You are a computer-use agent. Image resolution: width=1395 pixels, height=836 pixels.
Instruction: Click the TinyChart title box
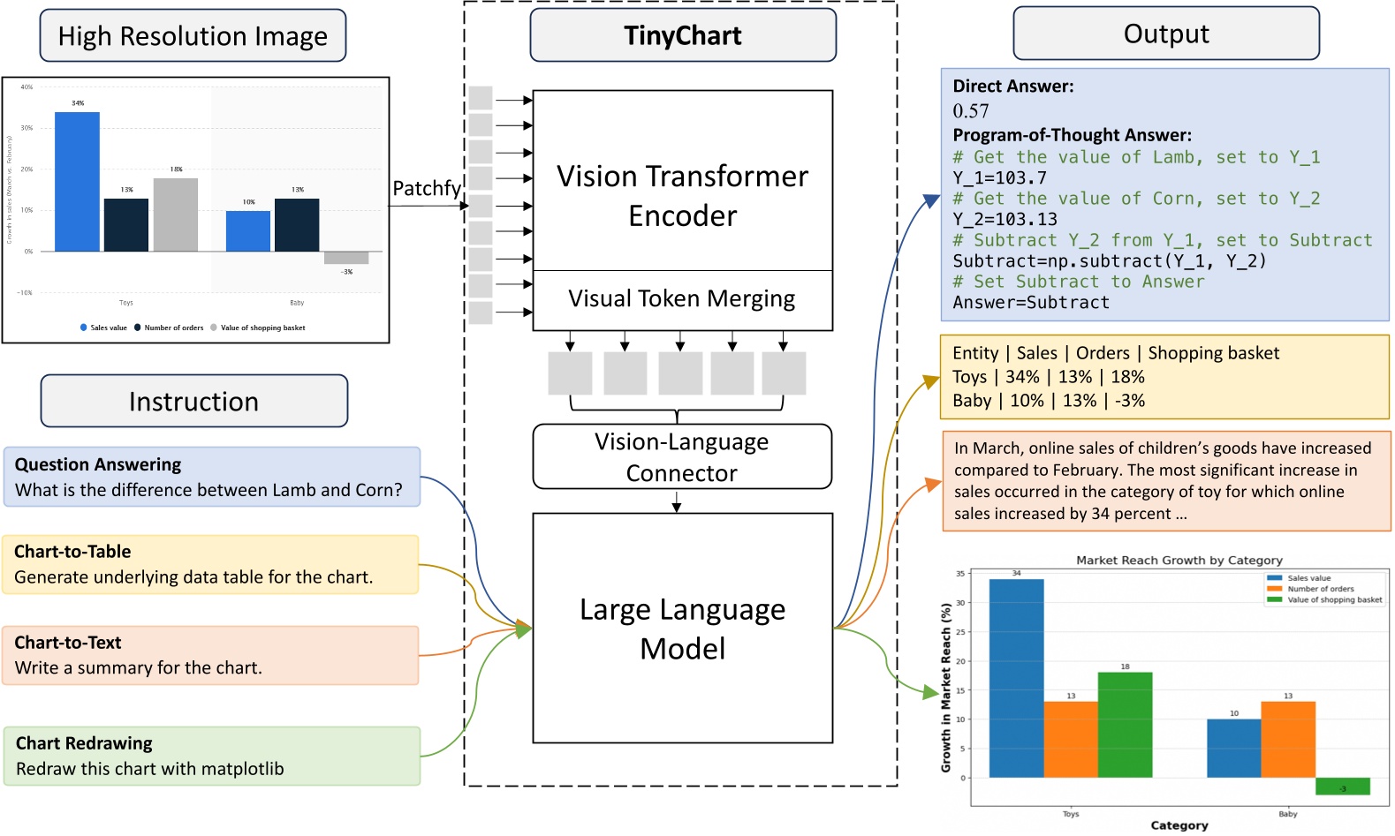[x=682, y=35]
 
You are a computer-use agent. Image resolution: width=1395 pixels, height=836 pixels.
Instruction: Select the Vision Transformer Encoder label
[x=682, y=195]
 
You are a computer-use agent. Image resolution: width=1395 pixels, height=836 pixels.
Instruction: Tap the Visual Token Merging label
[x=681, y=299]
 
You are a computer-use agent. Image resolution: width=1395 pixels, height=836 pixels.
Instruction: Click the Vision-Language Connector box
[x=681, y=456]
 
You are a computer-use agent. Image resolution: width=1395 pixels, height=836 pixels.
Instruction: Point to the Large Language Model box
[x=682, y=629]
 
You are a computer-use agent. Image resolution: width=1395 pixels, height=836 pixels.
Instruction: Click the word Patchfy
[x=426, y=188]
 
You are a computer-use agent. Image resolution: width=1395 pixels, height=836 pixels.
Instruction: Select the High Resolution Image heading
[x=193, y=36]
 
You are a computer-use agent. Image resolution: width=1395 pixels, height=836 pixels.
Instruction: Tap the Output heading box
[x=1165, y=34]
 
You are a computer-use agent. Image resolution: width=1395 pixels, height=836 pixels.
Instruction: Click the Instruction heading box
[x=193, y=402]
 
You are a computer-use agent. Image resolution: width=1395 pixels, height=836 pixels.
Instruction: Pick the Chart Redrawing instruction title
[x=84, y=743]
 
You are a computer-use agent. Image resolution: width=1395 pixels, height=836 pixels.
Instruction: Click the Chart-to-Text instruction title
[x=68, y=643]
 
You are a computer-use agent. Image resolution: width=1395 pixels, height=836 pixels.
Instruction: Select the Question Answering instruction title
[x=97, y=464]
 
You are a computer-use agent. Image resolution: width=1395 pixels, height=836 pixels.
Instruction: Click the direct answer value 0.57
[x=970, y=111]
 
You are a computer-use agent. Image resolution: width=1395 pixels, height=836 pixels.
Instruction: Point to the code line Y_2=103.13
[x=1005, y=220]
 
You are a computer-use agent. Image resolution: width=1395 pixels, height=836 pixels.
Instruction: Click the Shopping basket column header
[x=1213, y=353]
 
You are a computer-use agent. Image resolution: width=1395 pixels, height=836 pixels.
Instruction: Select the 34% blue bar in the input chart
[x=77, y=181]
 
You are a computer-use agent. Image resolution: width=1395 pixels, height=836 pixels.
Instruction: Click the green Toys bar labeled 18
[x=1125, y=724]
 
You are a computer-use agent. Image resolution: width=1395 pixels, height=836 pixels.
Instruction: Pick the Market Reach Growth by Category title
[x=1179, y=560]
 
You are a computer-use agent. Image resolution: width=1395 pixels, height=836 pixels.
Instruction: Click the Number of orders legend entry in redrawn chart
[x=1320, y=589]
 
